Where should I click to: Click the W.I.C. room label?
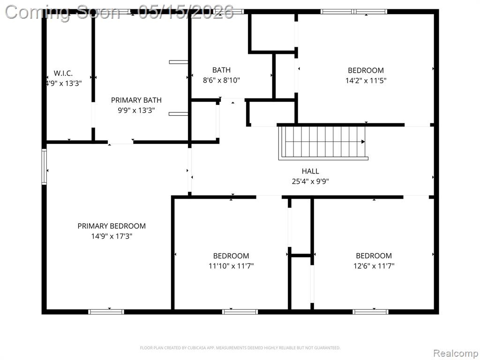tap(63, 73)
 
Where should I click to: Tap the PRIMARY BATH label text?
tap(136, 100)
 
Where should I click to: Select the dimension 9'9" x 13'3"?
tap(136, 110)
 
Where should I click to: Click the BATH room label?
tap(221, 70)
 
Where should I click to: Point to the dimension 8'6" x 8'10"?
tap(221, 80)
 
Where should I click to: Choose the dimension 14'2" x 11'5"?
tap(366, 81)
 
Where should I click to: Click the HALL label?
tap(310, 171)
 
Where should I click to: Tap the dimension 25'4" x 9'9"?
tap(310, 181)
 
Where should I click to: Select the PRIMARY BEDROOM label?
tap(112, 226)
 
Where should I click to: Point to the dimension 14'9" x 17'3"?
tap(112, 236)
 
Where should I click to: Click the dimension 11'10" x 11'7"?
tap(231, 266)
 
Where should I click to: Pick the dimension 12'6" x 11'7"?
tap(374, 266)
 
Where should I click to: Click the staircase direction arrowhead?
tap(363, 142)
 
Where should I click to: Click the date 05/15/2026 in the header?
tap(186, 13)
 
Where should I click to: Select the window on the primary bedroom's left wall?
tap(44, 166)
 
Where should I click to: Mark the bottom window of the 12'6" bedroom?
tap(370, 312)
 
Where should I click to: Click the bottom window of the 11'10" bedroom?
tap(240, 312)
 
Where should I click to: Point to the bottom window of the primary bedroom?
tap(106, 312)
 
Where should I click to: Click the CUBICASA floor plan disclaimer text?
tap(240, 348)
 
